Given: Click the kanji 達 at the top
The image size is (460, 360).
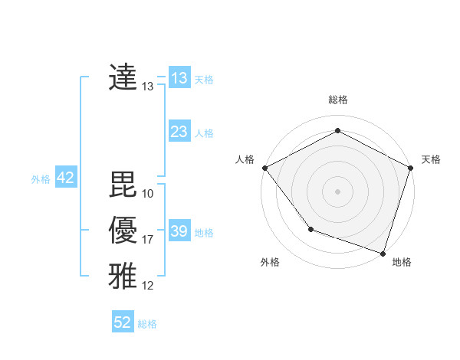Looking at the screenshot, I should tap(123, 78).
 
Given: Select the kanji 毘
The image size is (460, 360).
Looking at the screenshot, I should tap(123, 185).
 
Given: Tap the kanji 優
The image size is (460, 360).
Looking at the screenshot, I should tap(123, 231).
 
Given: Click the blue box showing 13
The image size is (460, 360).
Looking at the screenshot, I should tap(179, 78).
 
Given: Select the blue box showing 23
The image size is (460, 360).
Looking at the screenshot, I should tap(179, 132).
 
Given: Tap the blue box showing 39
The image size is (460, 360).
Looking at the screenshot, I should tap(179, 231).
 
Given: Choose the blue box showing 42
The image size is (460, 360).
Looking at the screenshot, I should tap(65, 178).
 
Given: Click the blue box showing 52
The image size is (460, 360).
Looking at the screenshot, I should tap(123, 322).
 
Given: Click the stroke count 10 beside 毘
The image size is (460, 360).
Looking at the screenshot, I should tap(148, 194).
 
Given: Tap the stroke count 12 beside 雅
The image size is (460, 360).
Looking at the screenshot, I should tap(148, 286).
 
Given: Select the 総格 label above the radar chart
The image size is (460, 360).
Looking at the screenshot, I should tap(338, 100).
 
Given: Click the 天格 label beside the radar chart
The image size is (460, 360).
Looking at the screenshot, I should tap(431, 159).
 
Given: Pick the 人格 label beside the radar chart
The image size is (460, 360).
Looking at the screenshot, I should tap(245, 159).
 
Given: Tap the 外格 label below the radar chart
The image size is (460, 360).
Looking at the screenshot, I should tap(270, 262).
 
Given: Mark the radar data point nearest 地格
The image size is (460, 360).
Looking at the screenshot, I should tap(383, 253).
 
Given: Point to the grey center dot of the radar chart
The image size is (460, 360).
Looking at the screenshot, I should tap(338, 191).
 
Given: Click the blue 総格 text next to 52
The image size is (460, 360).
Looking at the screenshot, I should tap(147, 324).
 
